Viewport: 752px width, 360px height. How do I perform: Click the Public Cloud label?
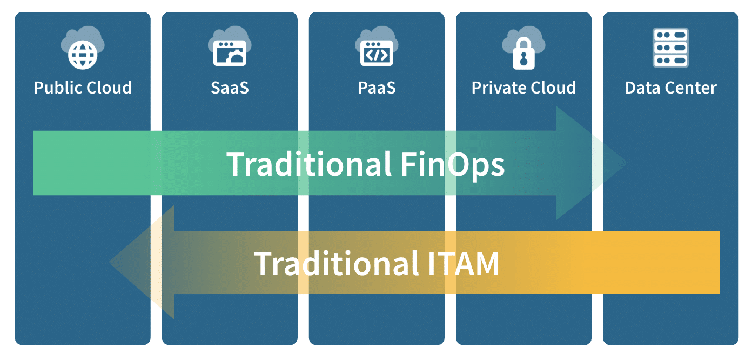point(83,88)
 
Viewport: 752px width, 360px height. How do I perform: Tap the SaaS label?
point(230,88)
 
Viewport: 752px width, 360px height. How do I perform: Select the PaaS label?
point(377,88)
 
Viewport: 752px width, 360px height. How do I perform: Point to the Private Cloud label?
point(523,88)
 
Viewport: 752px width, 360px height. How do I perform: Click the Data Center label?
point(670,88)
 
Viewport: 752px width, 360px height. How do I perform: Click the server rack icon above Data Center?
point(670,48)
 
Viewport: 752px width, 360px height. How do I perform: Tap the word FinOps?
point(453,164)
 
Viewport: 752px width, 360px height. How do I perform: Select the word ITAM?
point(459,263)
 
